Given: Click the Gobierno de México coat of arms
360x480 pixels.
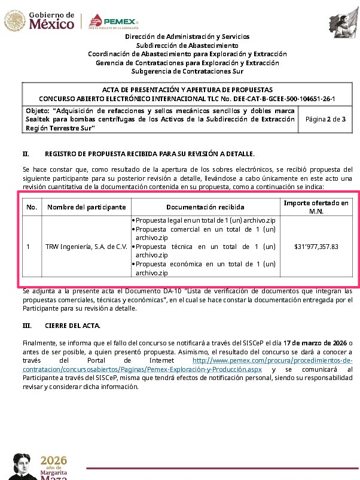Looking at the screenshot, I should tap(14, 20).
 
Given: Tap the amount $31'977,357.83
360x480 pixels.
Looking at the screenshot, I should tap(316, 246).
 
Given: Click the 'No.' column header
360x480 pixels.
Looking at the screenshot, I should tap(32, 207).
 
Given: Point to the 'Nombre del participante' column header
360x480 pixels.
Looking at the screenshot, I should tap(86, 207).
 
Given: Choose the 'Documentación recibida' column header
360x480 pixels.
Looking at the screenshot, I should tap(205, 207).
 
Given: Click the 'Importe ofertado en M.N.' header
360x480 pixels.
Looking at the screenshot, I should tap(316, 207).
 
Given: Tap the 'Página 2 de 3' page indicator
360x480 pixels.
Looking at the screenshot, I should tap(325, 120).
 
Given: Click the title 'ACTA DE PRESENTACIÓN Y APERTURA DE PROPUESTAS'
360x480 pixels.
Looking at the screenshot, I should tap(187, 89).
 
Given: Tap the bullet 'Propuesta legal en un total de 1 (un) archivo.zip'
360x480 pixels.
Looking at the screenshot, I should tap(205, 220).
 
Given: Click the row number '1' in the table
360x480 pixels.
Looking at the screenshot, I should tap(29, 246).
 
